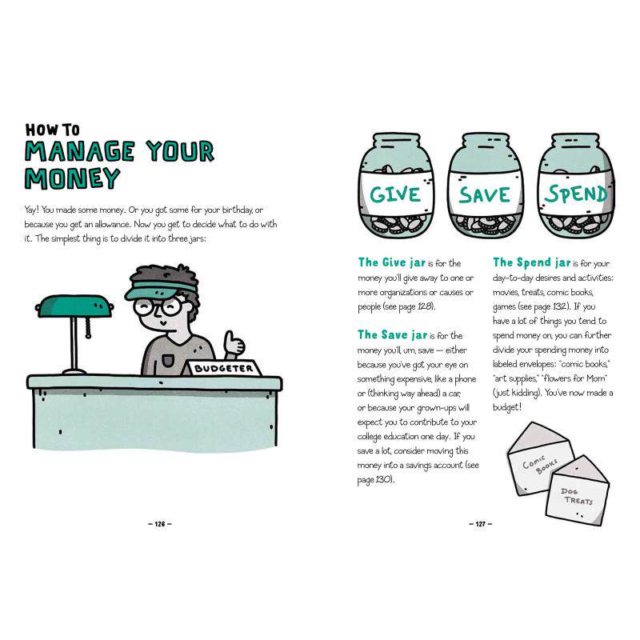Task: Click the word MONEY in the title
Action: coord(72,178)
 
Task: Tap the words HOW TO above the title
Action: coord(52,130)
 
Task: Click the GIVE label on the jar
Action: coord(395,194)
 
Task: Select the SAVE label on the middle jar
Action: coord(485,194)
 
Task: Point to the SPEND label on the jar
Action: coord(575,194)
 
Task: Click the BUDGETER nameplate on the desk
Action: coord(222,368)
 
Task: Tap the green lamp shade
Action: coord(74,306)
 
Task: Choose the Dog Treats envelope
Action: coord(577,492)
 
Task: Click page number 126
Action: coord(159,524)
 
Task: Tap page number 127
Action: coord(481,524)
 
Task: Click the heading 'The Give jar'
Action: coord(392,262)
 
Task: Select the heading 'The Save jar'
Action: coord(392,334)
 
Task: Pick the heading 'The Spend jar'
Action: coord(531,262)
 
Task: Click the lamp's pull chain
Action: coord(88,328)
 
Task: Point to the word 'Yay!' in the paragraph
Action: coord(31,210)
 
